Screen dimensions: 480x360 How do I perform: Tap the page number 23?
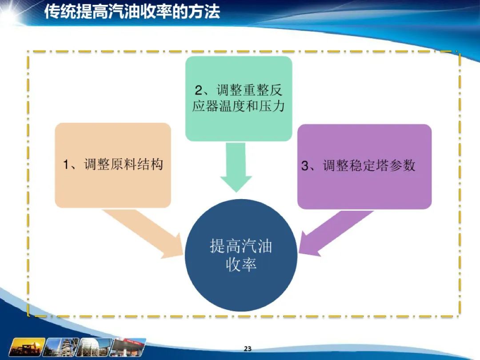tap(248, 348)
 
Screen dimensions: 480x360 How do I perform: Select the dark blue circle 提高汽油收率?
tap(241, 255)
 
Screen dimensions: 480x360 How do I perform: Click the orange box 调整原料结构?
tap(113, 165)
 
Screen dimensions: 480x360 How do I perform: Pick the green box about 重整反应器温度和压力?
tap(239, 99)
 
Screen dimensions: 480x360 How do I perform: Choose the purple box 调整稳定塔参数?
tap(364, 167)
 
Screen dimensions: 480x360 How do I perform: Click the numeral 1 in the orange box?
tap(66, 164)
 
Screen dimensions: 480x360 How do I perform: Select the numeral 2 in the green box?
tap(199, 90)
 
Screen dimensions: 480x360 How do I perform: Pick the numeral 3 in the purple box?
tap(305, 166)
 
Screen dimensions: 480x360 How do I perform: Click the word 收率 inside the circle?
tap(241, 264)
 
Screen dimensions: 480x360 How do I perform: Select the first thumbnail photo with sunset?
tap(27, 347)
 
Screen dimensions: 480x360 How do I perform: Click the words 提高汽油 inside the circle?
tap(241, 246)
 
